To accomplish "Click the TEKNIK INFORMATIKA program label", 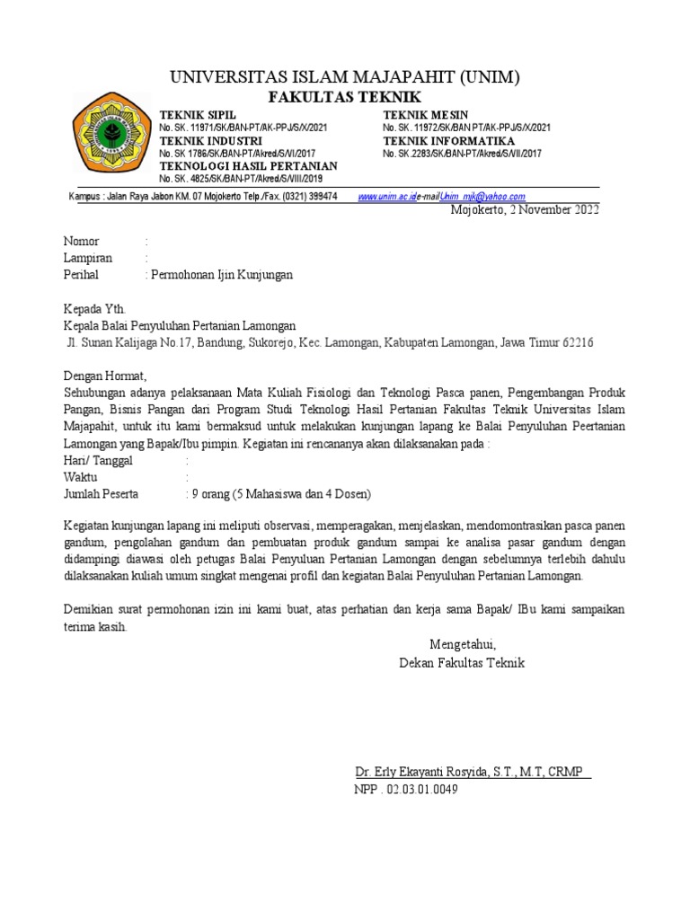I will (x=448, y=141).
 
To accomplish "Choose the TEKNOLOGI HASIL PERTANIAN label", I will (x=248, y=166).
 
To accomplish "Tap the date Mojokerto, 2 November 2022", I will (x=523, y=210).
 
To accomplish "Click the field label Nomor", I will (x=81, y=242).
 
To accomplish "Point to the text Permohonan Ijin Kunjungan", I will (x=223, y=275).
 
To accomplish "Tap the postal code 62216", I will (x=577, y=342).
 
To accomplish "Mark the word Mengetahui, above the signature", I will (x=462, y=645).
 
